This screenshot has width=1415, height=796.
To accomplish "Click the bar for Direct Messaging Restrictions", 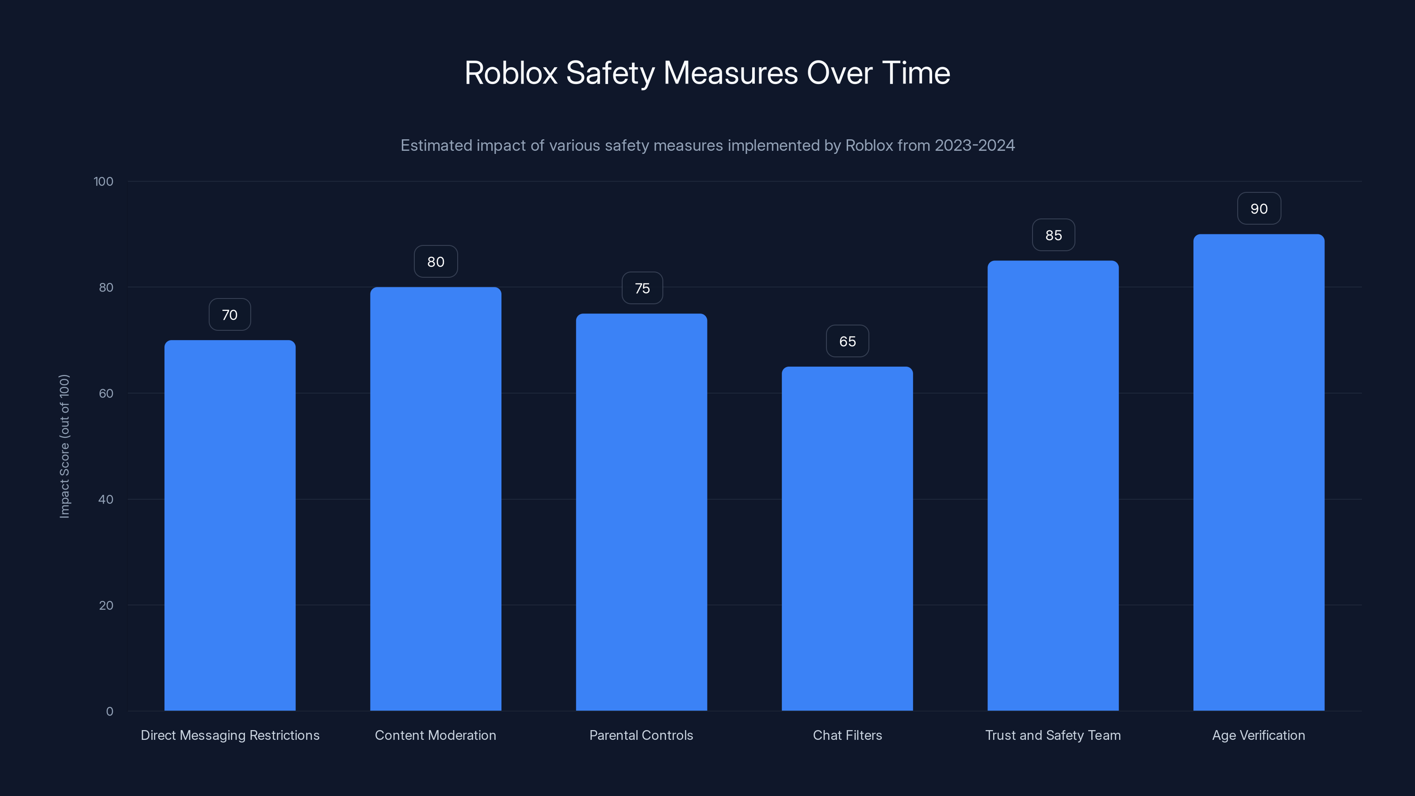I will click(x=229, y=525).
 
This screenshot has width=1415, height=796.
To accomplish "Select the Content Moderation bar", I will click(x=436, y=499).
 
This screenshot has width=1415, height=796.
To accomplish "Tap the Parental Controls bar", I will click(x=641, y=512).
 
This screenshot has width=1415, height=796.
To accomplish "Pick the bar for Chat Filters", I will click(x=847, y=538).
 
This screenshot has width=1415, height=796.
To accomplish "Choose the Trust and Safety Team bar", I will click(x=1053, y=486).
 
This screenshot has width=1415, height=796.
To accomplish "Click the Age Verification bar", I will click(x=1258, y=472).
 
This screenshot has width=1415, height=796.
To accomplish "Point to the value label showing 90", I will click(x=1258, y=209).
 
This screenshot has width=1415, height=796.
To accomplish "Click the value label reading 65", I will click(x=847, y=341).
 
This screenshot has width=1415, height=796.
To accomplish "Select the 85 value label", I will click(x=1053, y=235).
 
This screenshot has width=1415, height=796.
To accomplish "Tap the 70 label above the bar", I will click(x=229, y=315).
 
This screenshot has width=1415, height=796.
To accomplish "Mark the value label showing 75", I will click(x=642, y=288).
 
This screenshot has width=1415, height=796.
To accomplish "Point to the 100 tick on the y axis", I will click(x=103, y=181).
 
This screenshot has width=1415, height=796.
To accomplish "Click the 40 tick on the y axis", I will click(x=106, y=499).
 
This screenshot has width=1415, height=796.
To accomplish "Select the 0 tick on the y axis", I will click(x=109, y=712).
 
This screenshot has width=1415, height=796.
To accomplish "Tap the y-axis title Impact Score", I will click(x=64, y=446).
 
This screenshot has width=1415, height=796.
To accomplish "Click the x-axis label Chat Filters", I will click(x=847, y=735).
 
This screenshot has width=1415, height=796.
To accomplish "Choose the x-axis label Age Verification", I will click(x=1258, y=735).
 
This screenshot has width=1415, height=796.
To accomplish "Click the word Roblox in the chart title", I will click(x=510, y=73).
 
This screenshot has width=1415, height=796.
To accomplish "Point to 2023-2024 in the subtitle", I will click(x=975, y=145).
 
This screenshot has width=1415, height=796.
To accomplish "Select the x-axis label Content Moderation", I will click(x=436, y=735).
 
